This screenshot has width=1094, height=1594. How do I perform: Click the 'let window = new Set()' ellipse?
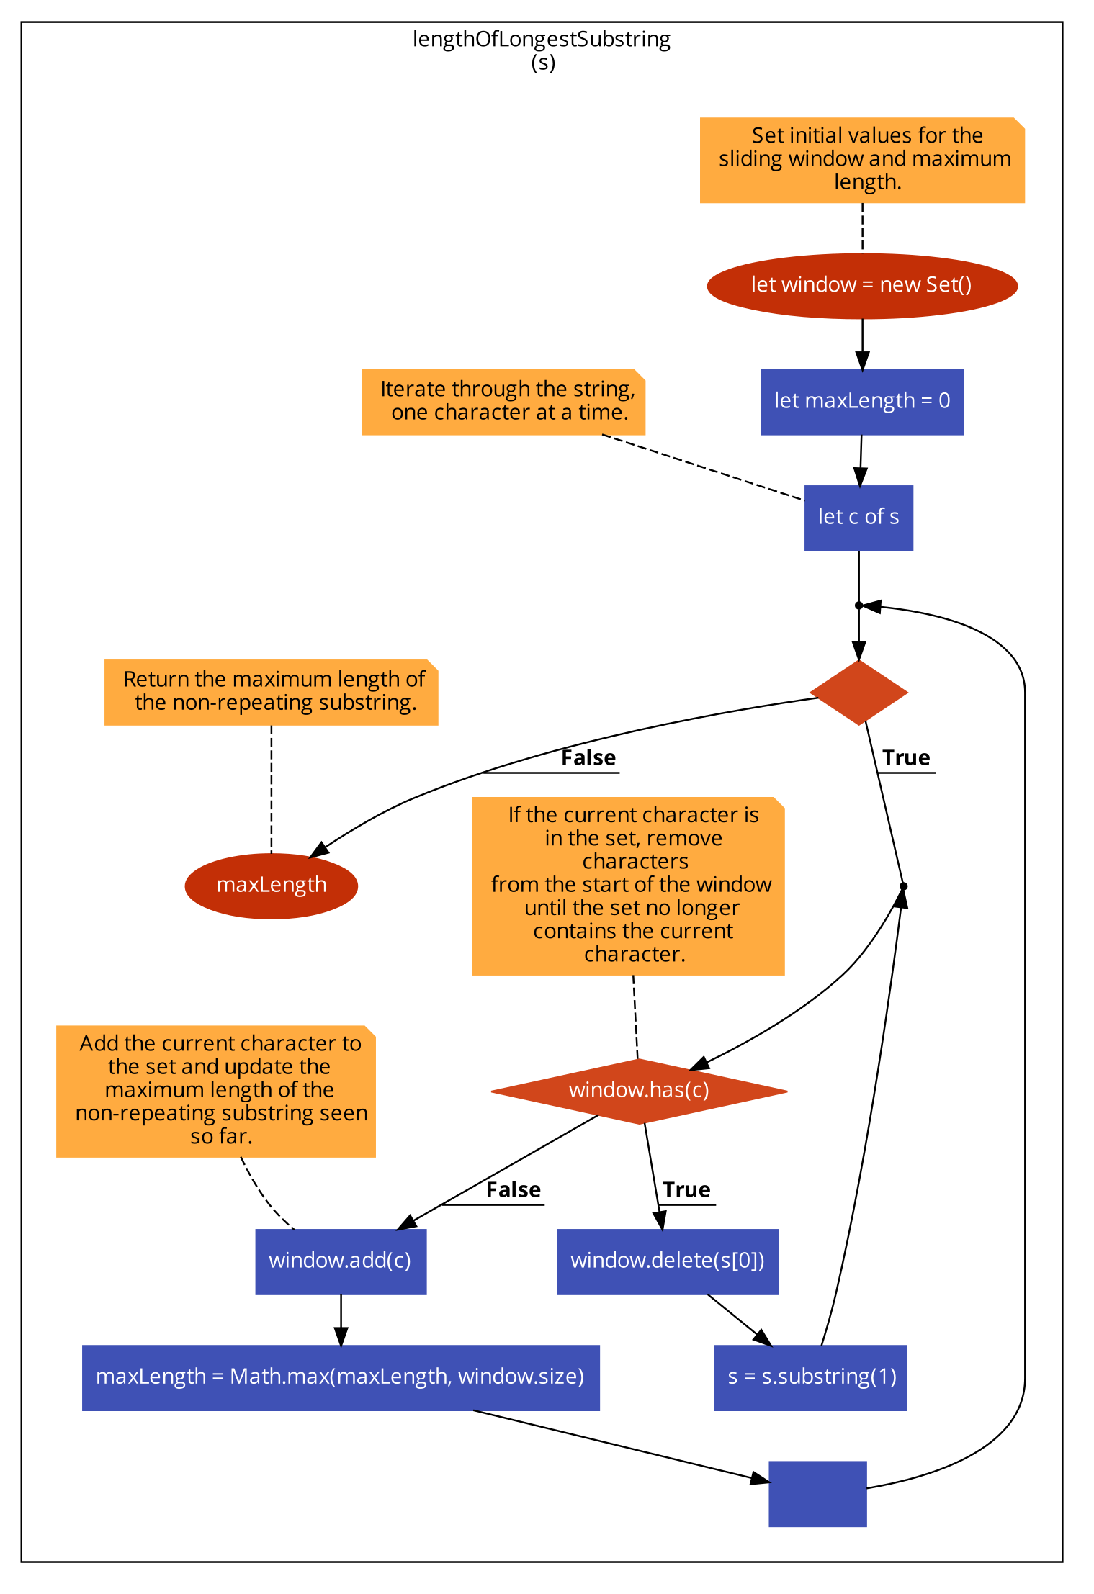pos(861,286)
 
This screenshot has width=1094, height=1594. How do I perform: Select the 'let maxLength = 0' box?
pos(861,402)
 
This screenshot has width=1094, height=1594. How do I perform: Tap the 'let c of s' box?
pos(858,518)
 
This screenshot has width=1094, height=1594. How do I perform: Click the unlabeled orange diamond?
pos(858,693)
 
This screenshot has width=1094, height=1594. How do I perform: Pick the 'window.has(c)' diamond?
pos(639,1091)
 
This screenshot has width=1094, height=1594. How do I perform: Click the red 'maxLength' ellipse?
pos(271,886)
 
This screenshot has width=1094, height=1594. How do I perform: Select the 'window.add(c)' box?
pos(340,1261)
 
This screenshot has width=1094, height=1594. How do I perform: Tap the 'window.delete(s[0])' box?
pos(667,1261)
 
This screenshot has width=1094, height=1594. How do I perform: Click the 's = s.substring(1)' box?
pos(810,1377)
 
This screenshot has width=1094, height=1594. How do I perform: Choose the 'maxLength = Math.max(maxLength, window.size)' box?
pos(340,1377)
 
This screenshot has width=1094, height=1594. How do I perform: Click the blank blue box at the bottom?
pos(817,1493)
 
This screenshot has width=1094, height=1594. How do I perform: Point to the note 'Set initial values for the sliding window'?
pos(861,160)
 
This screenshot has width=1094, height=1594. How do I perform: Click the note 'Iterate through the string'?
pos(503,402)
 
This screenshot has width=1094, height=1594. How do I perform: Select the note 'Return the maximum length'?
pos(271,692)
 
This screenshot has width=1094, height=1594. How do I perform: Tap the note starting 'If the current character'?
pos(627,886)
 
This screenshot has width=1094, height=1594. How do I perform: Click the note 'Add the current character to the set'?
pos(215,1091)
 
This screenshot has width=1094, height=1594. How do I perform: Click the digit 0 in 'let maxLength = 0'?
pos(944,401)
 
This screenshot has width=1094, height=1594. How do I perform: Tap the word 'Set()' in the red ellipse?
pos(949,285)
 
